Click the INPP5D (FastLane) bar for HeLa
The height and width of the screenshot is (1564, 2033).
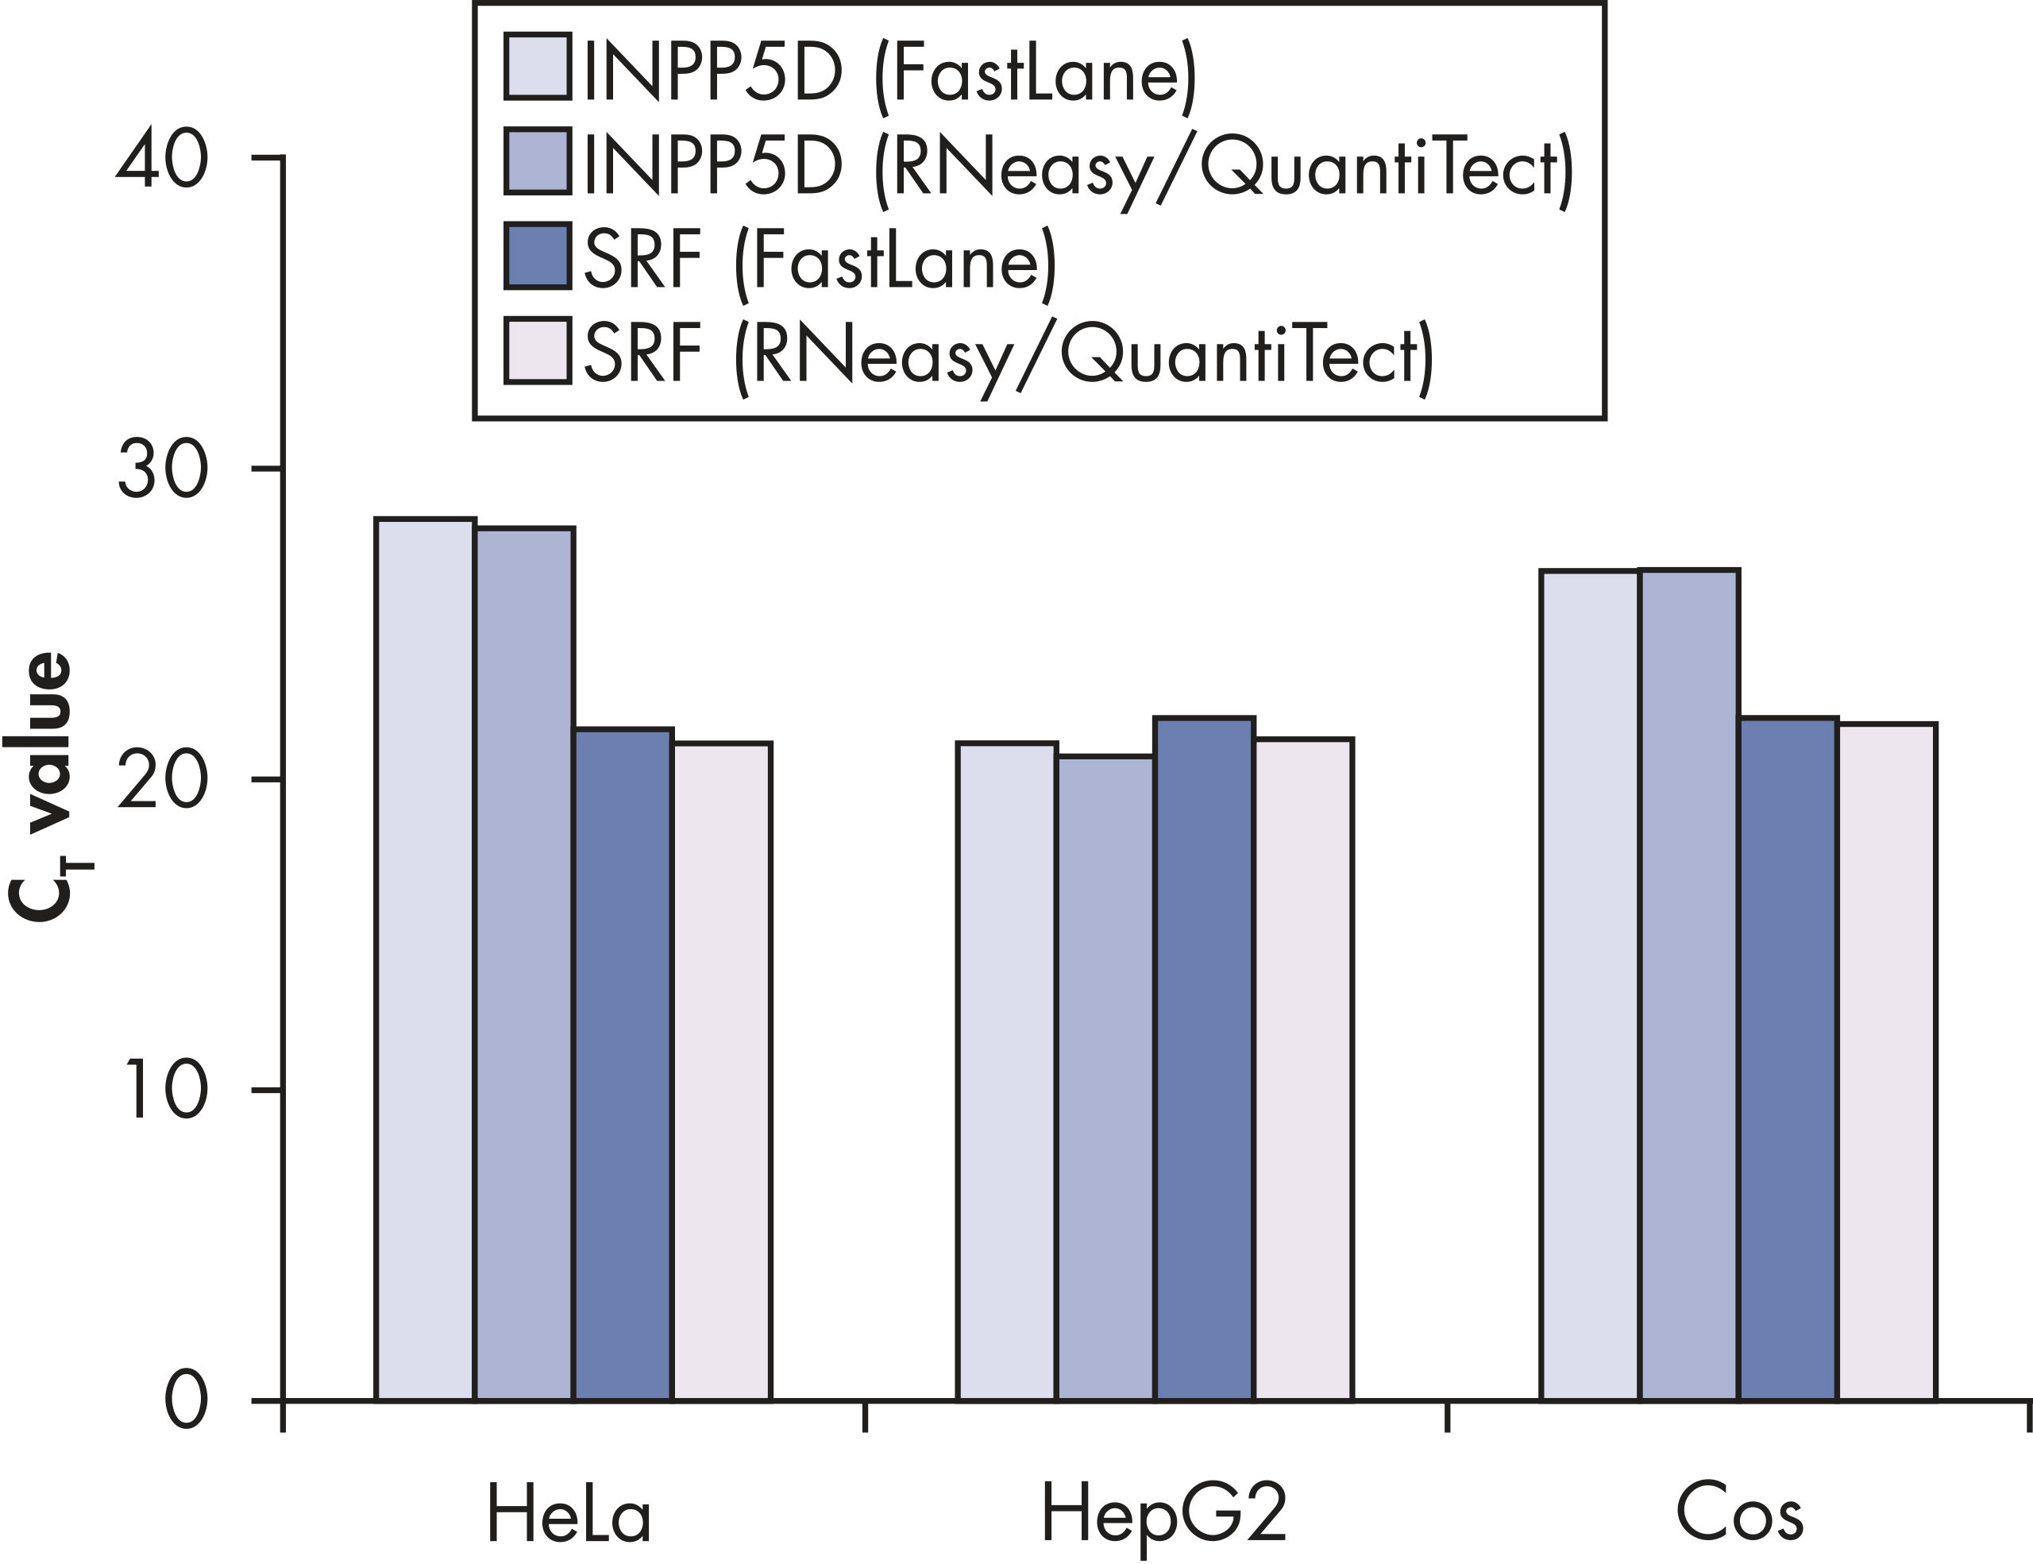[x=426, y=959]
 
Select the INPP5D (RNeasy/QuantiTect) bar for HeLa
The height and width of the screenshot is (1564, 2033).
[x=524, y=964]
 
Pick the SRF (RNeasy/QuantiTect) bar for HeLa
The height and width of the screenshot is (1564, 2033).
[x=723, y=1071]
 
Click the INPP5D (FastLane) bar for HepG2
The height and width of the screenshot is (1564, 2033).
[x=1007, y=1071]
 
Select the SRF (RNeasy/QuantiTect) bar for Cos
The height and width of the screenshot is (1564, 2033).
[x=1887, y=1061]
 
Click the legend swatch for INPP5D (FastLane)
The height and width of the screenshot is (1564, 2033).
[x=537, y=66]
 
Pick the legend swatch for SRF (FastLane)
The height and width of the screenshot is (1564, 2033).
[x=537, y=256]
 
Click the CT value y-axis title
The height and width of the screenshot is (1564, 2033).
[x=44, y=786]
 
